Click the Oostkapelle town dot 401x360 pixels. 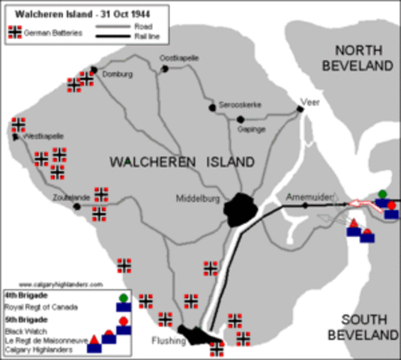tap(164, 69)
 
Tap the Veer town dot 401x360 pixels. tap(300, 109)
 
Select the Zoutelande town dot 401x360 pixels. tap(76, 205)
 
